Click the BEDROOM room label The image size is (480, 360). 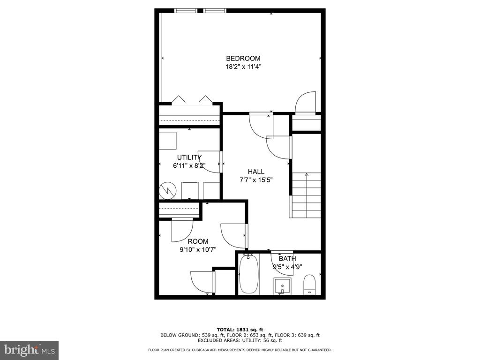coord(243,58)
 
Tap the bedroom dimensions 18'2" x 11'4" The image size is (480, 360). coord(243,67)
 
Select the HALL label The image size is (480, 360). coord(256,172)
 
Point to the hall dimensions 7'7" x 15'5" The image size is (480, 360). coord(256,180)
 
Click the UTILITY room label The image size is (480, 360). coord(189,157)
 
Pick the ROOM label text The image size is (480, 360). coord(198,241)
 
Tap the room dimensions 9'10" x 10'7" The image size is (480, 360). coord(198,250)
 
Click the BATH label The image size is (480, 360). coord(287,259)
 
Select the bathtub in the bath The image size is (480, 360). coord(248,274)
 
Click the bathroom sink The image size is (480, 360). coord(283,286)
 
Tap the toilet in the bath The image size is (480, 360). coord(309,285)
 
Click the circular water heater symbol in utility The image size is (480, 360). coord(168,191)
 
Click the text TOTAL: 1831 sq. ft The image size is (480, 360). coord(240,330)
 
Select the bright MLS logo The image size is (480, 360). coord(30,350)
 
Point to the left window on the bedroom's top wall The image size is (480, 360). coord(186,11)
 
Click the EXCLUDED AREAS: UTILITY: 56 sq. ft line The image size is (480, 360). coord(240,340)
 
